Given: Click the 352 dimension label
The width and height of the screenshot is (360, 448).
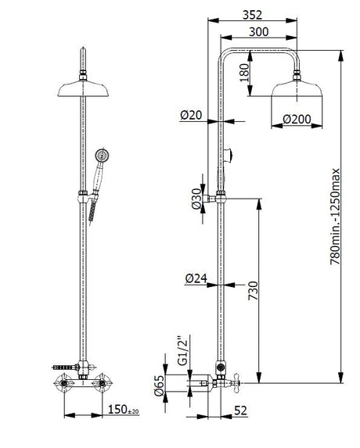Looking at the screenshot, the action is pos(252,15).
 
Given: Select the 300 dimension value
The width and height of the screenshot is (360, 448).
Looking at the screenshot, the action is pos(259,32).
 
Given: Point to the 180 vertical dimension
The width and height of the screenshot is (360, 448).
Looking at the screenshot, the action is pos(244,73).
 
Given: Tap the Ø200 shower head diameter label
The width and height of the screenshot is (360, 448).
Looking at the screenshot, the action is pos(297,119).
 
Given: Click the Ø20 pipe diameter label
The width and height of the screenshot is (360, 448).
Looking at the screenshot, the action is pos(191,115).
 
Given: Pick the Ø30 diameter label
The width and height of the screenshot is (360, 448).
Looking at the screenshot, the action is pos(196,199).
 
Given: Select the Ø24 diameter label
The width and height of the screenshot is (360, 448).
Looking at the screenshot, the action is pos(196,278).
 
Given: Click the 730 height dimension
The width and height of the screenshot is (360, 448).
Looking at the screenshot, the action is pos(253,291).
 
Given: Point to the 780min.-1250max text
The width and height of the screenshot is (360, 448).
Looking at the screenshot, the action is pos(335,217).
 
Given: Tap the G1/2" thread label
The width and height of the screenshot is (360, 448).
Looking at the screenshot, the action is pos(183,350).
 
